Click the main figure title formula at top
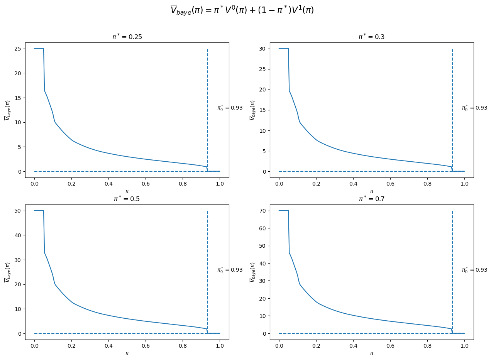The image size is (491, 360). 242,10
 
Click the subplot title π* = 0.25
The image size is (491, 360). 127,37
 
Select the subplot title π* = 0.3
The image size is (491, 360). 371,37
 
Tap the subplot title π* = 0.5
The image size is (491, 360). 127,199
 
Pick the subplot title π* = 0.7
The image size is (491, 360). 371,199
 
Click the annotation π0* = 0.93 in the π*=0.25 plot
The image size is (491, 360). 230,108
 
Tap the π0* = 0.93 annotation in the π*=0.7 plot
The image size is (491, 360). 474,270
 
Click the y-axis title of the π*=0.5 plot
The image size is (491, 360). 7,272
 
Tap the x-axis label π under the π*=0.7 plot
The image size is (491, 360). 371,353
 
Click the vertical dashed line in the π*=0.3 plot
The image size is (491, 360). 452,96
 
